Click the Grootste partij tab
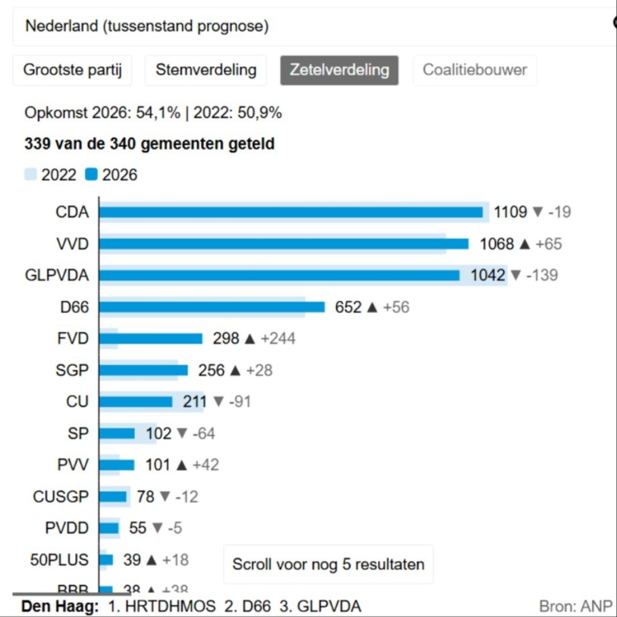72,70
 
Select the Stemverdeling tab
206,70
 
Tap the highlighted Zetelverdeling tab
339,70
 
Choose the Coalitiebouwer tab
475,70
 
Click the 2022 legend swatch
31,174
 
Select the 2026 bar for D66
212,307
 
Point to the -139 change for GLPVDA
542,275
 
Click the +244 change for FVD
278,339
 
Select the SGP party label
72,370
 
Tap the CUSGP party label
61,497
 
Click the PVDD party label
67,528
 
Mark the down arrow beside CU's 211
218,402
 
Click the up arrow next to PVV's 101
181,465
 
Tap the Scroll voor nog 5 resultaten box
328,564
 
